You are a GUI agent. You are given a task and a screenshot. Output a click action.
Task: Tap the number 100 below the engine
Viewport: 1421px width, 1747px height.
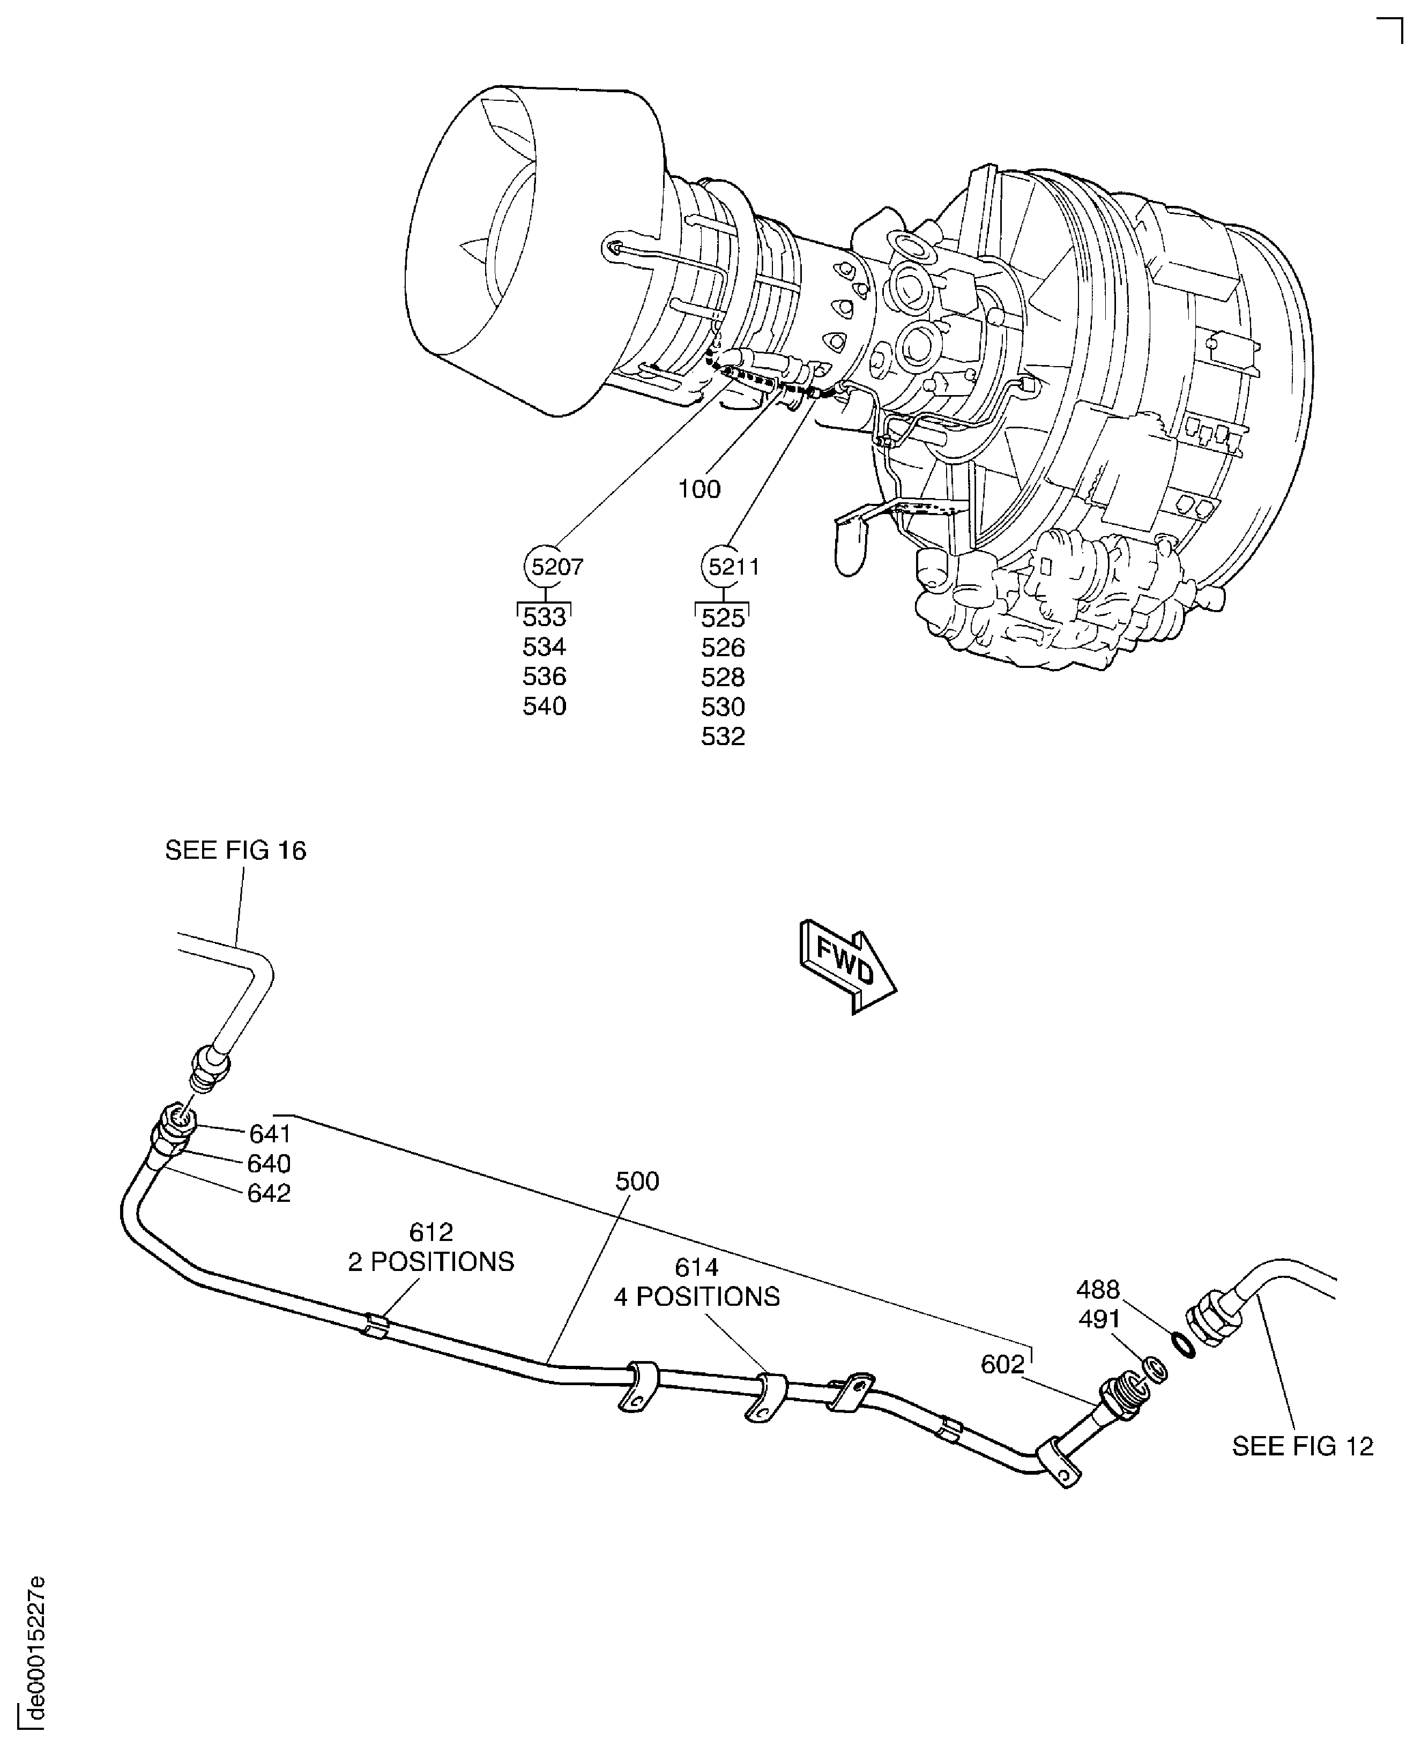(699, 489)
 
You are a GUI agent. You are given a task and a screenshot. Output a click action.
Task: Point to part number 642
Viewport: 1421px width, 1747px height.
(269, 1194)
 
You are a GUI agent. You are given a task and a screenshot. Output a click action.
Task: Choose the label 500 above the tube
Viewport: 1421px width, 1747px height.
(637, 1181)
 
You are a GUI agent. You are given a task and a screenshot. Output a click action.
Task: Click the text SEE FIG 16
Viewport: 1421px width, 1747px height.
(236, 851)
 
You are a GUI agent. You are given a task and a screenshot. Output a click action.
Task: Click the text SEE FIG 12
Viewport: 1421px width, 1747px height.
(1303, 1447)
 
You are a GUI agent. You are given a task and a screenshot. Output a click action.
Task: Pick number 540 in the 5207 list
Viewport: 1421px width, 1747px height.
(545, 707)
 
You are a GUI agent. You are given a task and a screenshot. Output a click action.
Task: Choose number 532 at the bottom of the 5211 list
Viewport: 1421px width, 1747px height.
(723, 737)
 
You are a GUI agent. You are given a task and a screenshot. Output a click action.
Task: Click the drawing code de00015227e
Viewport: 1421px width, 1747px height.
(34, 1646)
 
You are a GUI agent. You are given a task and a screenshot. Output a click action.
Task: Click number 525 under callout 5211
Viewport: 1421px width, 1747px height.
(723, 618)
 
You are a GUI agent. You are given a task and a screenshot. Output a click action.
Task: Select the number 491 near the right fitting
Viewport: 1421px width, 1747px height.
(1099, 1320)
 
